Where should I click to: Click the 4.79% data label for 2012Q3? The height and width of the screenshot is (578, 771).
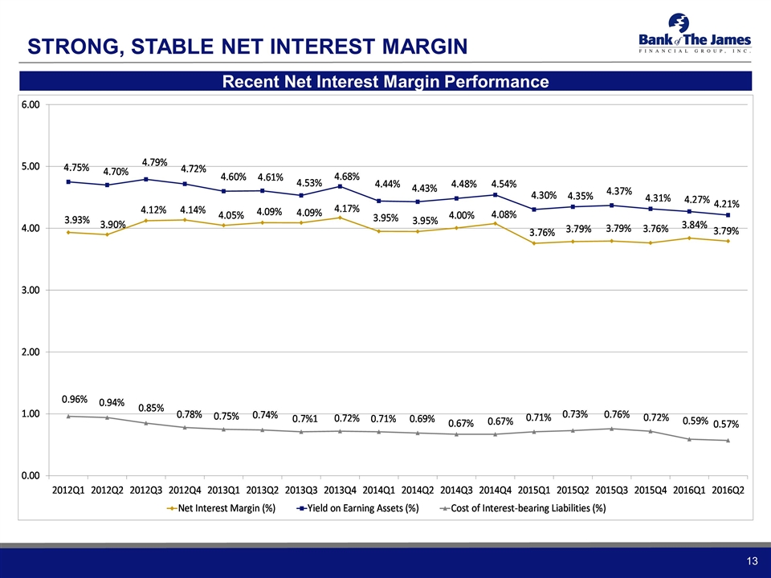[154, 163]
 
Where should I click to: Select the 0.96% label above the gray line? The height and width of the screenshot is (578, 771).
[75, 398]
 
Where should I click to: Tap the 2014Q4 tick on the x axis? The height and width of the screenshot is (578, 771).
[495, 490]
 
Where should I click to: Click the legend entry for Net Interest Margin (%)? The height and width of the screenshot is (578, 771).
[225, 508]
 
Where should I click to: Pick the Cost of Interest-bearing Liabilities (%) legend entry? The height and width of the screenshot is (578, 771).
[525, 508]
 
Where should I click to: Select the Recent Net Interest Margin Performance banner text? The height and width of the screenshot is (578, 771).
[385, 82]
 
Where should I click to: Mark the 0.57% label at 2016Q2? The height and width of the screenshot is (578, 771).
[727, 423]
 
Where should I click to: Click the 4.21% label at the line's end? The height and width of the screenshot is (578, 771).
[726, 204]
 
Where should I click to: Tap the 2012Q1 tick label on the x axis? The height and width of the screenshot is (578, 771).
[69, 490]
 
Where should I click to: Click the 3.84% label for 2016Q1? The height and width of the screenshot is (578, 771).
[695, 225]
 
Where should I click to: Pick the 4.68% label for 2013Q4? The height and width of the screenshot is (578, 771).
[347, 176]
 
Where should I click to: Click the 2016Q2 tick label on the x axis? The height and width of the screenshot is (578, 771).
[728, 490]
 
